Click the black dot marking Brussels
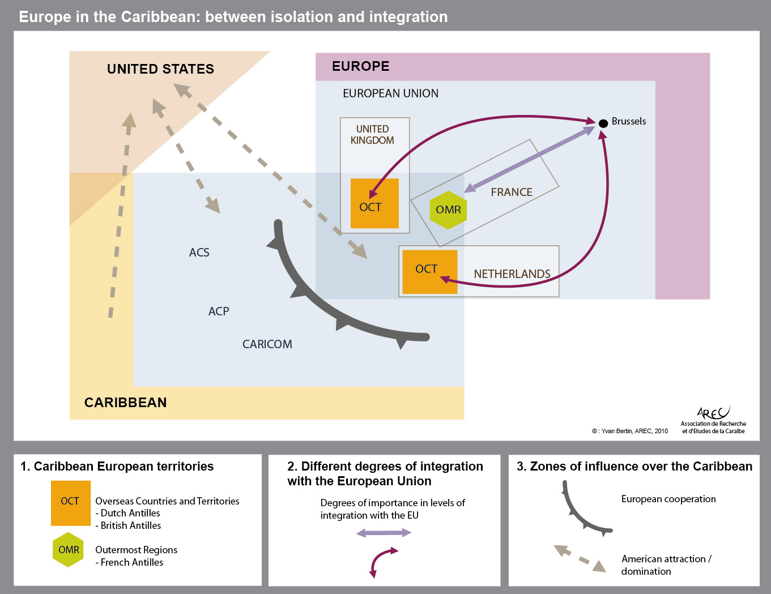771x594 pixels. [603, 123]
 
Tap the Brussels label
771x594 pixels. [629, 121]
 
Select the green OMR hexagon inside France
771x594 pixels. [448, 210]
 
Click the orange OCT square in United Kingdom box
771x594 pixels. [374, 203]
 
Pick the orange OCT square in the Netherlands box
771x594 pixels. [429, 272]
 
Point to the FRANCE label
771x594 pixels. [512, 192]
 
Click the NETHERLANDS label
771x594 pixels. [512, 274]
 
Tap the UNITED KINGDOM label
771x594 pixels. [372, 134]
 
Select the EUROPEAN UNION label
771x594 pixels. [390, 93]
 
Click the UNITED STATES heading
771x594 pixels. [160, 69]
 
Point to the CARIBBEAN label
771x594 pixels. [125, 403]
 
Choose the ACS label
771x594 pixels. [199, 253]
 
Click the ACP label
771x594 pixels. [219, 311]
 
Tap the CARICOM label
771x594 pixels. [267, 344]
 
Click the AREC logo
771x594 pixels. [713, 420]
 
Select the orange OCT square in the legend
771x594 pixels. [71, 503]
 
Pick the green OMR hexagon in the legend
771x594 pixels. [68, 550]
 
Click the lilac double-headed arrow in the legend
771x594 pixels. [384, 533]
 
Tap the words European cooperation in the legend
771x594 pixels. [668, 499]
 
